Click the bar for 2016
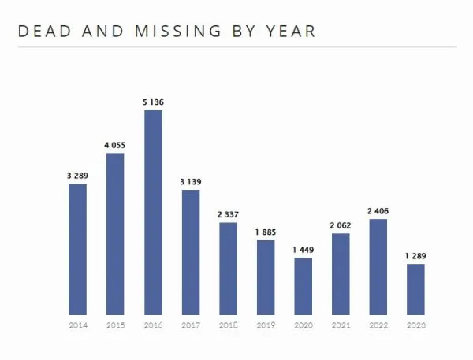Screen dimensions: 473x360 (x=153, y=213)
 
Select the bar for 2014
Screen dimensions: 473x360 (x=77, y=250)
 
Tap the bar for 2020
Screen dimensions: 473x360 (x=304, y=287)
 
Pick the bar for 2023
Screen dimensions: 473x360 (x=415, y=289)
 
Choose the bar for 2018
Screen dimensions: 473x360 (x=228, y=269)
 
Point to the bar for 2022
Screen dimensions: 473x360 (x=378, y=267)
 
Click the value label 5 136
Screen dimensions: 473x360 (x=153, y=102)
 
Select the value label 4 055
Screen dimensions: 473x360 (x=115, y=145)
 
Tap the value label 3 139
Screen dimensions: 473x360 (x=191, y=182)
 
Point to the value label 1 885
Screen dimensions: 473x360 (x=266, y=232)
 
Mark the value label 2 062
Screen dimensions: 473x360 (x=341, y=225)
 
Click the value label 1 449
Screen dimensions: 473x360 (x=304, y=250)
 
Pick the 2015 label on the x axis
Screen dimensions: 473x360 (x=116, y=325)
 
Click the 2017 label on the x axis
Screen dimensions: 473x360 (x=191, y=325)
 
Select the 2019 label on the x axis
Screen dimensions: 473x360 (x=266, y=325)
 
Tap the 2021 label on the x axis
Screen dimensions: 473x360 (x=341, y=325)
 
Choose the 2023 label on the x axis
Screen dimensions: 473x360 (x=416, y=325)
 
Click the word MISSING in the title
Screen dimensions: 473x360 (x=178, y=31)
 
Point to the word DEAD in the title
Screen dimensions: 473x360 (x=45, y=31)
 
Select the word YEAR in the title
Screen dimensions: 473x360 (x=291, y=31)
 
